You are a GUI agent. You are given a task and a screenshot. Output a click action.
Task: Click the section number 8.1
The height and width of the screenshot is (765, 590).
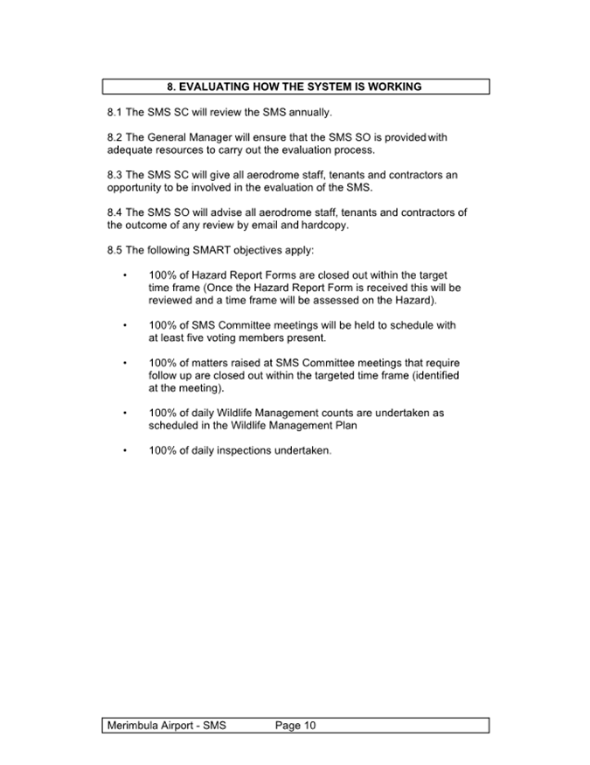[x=115, y=113]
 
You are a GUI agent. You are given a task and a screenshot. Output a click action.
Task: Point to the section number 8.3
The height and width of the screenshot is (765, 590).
[x=115, y=175]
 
